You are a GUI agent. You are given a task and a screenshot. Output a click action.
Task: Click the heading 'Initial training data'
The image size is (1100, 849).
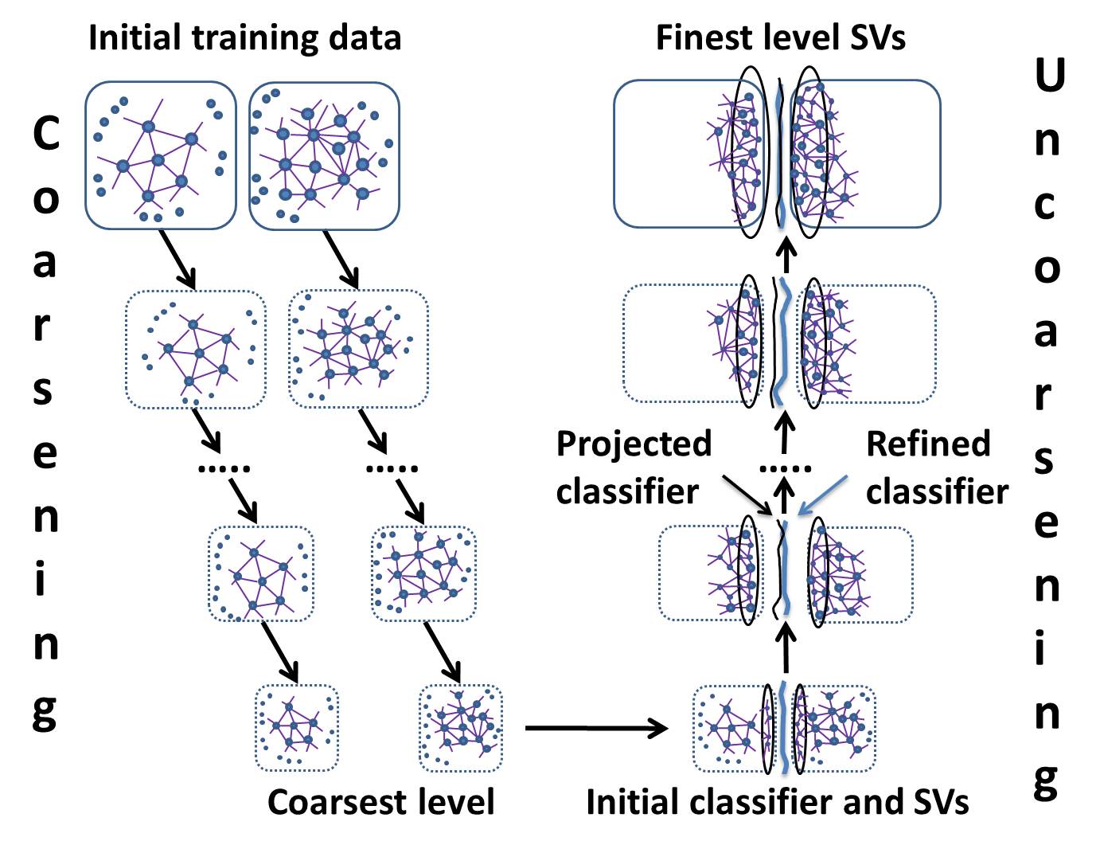(244, 37)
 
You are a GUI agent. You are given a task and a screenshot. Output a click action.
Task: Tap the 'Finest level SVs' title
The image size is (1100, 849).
(780, 37)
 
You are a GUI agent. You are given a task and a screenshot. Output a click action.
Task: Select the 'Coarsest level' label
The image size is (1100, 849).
(380, 801)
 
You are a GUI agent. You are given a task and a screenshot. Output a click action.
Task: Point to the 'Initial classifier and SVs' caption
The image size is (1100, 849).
(777, 801)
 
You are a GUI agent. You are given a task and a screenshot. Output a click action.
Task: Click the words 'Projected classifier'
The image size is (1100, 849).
(633, 468)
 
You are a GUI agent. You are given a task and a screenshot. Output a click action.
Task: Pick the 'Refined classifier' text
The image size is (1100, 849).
(936, 468)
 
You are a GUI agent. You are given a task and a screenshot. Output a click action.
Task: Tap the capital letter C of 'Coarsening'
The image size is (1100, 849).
(46, 134)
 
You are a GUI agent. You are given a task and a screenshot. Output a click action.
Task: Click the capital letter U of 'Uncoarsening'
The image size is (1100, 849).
(1049, 76)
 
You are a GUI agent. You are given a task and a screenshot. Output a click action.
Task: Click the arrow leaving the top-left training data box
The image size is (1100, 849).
(177, 260)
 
